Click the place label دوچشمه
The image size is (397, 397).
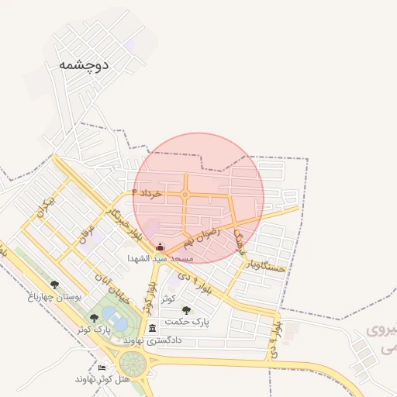coord(83,65)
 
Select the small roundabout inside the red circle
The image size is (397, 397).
coord(185,195)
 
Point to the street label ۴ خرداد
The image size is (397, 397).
coord(147,192)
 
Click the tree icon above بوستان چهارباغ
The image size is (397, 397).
coord(54,285)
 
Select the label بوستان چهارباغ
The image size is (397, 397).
coord(50,296)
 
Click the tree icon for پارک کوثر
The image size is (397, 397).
coord(94,317)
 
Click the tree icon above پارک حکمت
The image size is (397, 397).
coord(186,310)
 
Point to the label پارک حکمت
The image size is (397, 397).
coord(188,321)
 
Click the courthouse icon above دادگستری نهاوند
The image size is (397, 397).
coord(152,328)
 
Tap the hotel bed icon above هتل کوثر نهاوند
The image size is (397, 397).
coord(102,368)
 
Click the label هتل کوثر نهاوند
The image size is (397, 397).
coord(95,379)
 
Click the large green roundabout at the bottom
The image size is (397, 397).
coord(133,362)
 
